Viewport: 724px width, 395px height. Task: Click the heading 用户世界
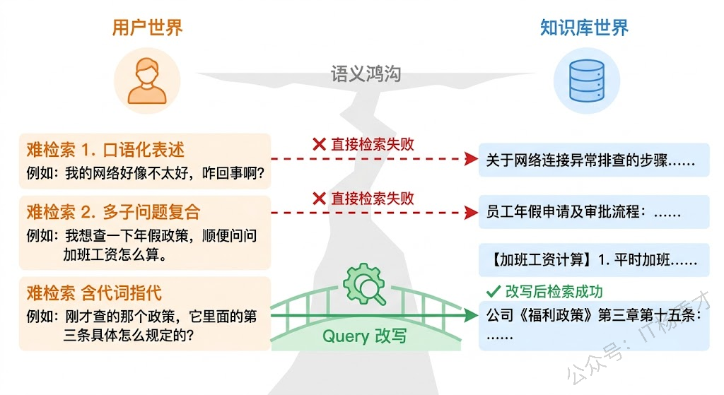[147, 28]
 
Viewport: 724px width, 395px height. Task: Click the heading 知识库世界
[584, 28]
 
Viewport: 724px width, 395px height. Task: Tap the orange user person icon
[148, 81]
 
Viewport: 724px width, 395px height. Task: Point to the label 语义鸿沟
[366, 73]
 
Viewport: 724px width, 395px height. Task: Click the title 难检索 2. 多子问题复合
[113, 211]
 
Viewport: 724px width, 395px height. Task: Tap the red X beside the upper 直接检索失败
[319, 144]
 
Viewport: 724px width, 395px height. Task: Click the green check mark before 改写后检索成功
[493, 291]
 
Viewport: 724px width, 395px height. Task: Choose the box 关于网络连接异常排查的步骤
[593, 160]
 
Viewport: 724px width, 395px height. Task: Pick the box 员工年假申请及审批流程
[593, 211]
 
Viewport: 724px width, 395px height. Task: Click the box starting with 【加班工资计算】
[593, 259]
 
